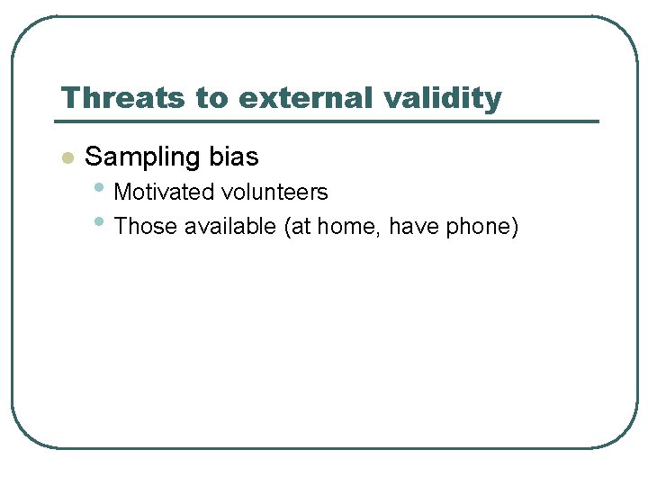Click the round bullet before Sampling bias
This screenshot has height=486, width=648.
pos(66,158)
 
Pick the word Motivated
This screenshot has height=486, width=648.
pos(165,193)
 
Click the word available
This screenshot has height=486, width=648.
pos(230,227)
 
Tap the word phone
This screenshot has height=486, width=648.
pos(477,228)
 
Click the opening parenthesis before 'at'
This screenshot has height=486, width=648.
pos(288,228)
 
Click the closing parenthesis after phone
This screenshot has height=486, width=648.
pos(515,228)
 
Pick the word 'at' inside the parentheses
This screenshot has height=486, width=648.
pos(301,227)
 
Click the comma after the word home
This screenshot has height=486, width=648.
pos(380,233)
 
